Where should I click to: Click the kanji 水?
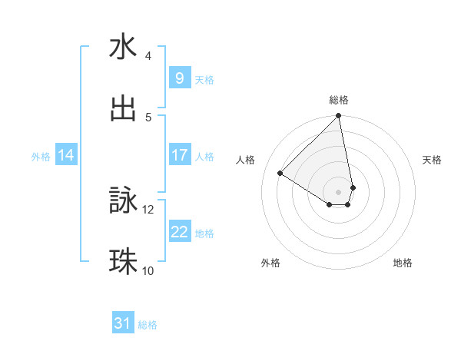pyautogui.click(x=124, y=48)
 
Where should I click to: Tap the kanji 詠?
pyautogui.click(x=124, y=200)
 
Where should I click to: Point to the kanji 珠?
pyautogui.click(x=124, y=262)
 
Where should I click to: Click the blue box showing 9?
pyautogui.click(x=179, y=78)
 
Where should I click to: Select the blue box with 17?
pyautogui.click(x=179, y=155)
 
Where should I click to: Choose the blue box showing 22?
pyautogui.click(x=179, y=232)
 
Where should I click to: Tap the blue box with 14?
pyautogui.click(x=66, y=155)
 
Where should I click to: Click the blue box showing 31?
pyautogui.click(x=122, y=323)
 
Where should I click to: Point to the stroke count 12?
pyautogui.click(x=148, y=209)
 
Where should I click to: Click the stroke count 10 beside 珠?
pyautogui.click(x=148, y=270)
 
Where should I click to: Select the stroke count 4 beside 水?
pyautogui.click(x=148, y=56)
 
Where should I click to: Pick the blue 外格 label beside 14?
pyautogui.click(x=41, y=156)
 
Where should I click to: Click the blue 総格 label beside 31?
pyautogui.click(x=148, y=325)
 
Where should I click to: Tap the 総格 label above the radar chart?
pyautogui.click(x=339, y=100)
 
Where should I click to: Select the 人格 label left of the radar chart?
pyautogui.click(x=246, y=160)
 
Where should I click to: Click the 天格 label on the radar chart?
pyautogui.click(x=433, y=160)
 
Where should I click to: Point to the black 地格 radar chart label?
pyautogui.click(x=403, y=263)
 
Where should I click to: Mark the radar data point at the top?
pyautogui.click(x=339, y=117)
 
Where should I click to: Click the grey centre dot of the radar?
pyautogui.click(x=339, y=190)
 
